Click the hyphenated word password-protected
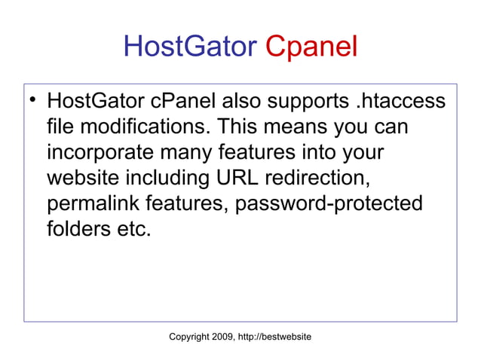point(329,204)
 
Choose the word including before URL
point(166,178)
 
